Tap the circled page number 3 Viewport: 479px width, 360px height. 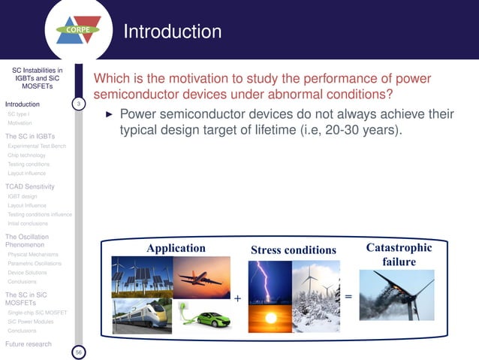tap(79, 103)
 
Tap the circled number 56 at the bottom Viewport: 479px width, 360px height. tap(79, 351)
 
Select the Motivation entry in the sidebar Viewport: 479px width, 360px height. tap(20, 123)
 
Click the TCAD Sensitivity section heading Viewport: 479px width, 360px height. tap(29, 186)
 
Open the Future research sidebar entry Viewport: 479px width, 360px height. tap(29, 343)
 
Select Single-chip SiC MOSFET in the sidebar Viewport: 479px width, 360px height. tap(37, 312)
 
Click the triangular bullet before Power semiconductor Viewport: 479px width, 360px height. tap(108, 116)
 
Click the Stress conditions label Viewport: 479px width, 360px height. tap(294, 250)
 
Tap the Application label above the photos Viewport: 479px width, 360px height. tap(176, 249)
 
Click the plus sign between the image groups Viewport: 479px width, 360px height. tap(237, 298)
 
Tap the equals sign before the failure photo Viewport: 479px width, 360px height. tap(348, 297)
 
